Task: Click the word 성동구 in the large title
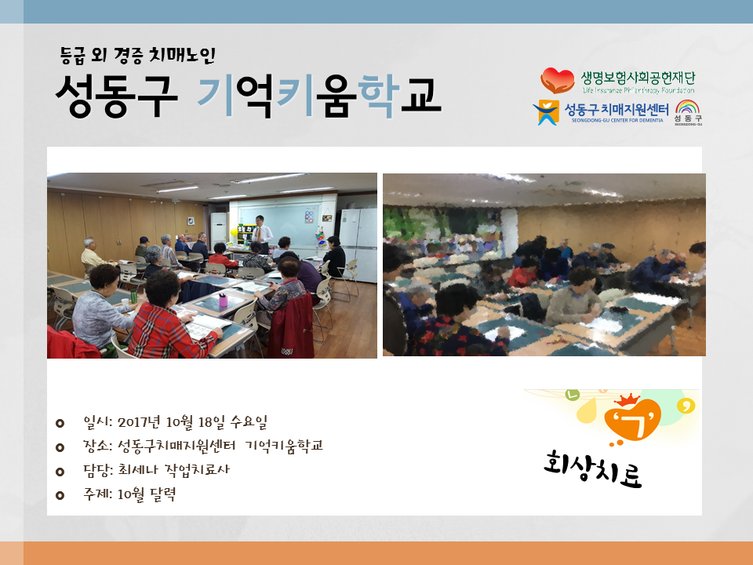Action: (x=117, y=97)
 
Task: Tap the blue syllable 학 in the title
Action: (x=378, y=95)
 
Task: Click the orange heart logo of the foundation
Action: (x=557, y=80)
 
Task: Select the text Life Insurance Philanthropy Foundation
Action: (x=638, y=90)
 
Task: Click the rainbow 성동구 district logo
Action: (x=688, y=112)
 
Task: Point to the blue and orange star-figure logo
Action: (x=546, y=112)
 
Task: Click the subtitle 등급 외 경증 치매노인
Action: (x=138, y=55)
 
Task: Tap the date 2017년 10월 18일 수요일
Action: (x=192, y=422)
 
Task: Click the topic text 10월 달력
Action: (x=147, y=494)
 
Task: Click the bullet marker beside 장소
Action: (x=60, y=448)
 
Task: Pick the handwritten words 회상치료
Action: (x=593, y=468)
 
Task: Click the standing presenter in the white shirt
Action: (x=261, y=233)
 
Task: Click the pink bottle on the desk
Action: (x=223, y=300)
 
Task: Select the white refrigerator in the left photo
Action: (x=358, y=245)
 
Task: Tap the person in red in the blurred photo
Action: (x=523, y=273)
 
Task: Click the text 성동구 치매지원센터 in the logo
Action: (x=617, y=110)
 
